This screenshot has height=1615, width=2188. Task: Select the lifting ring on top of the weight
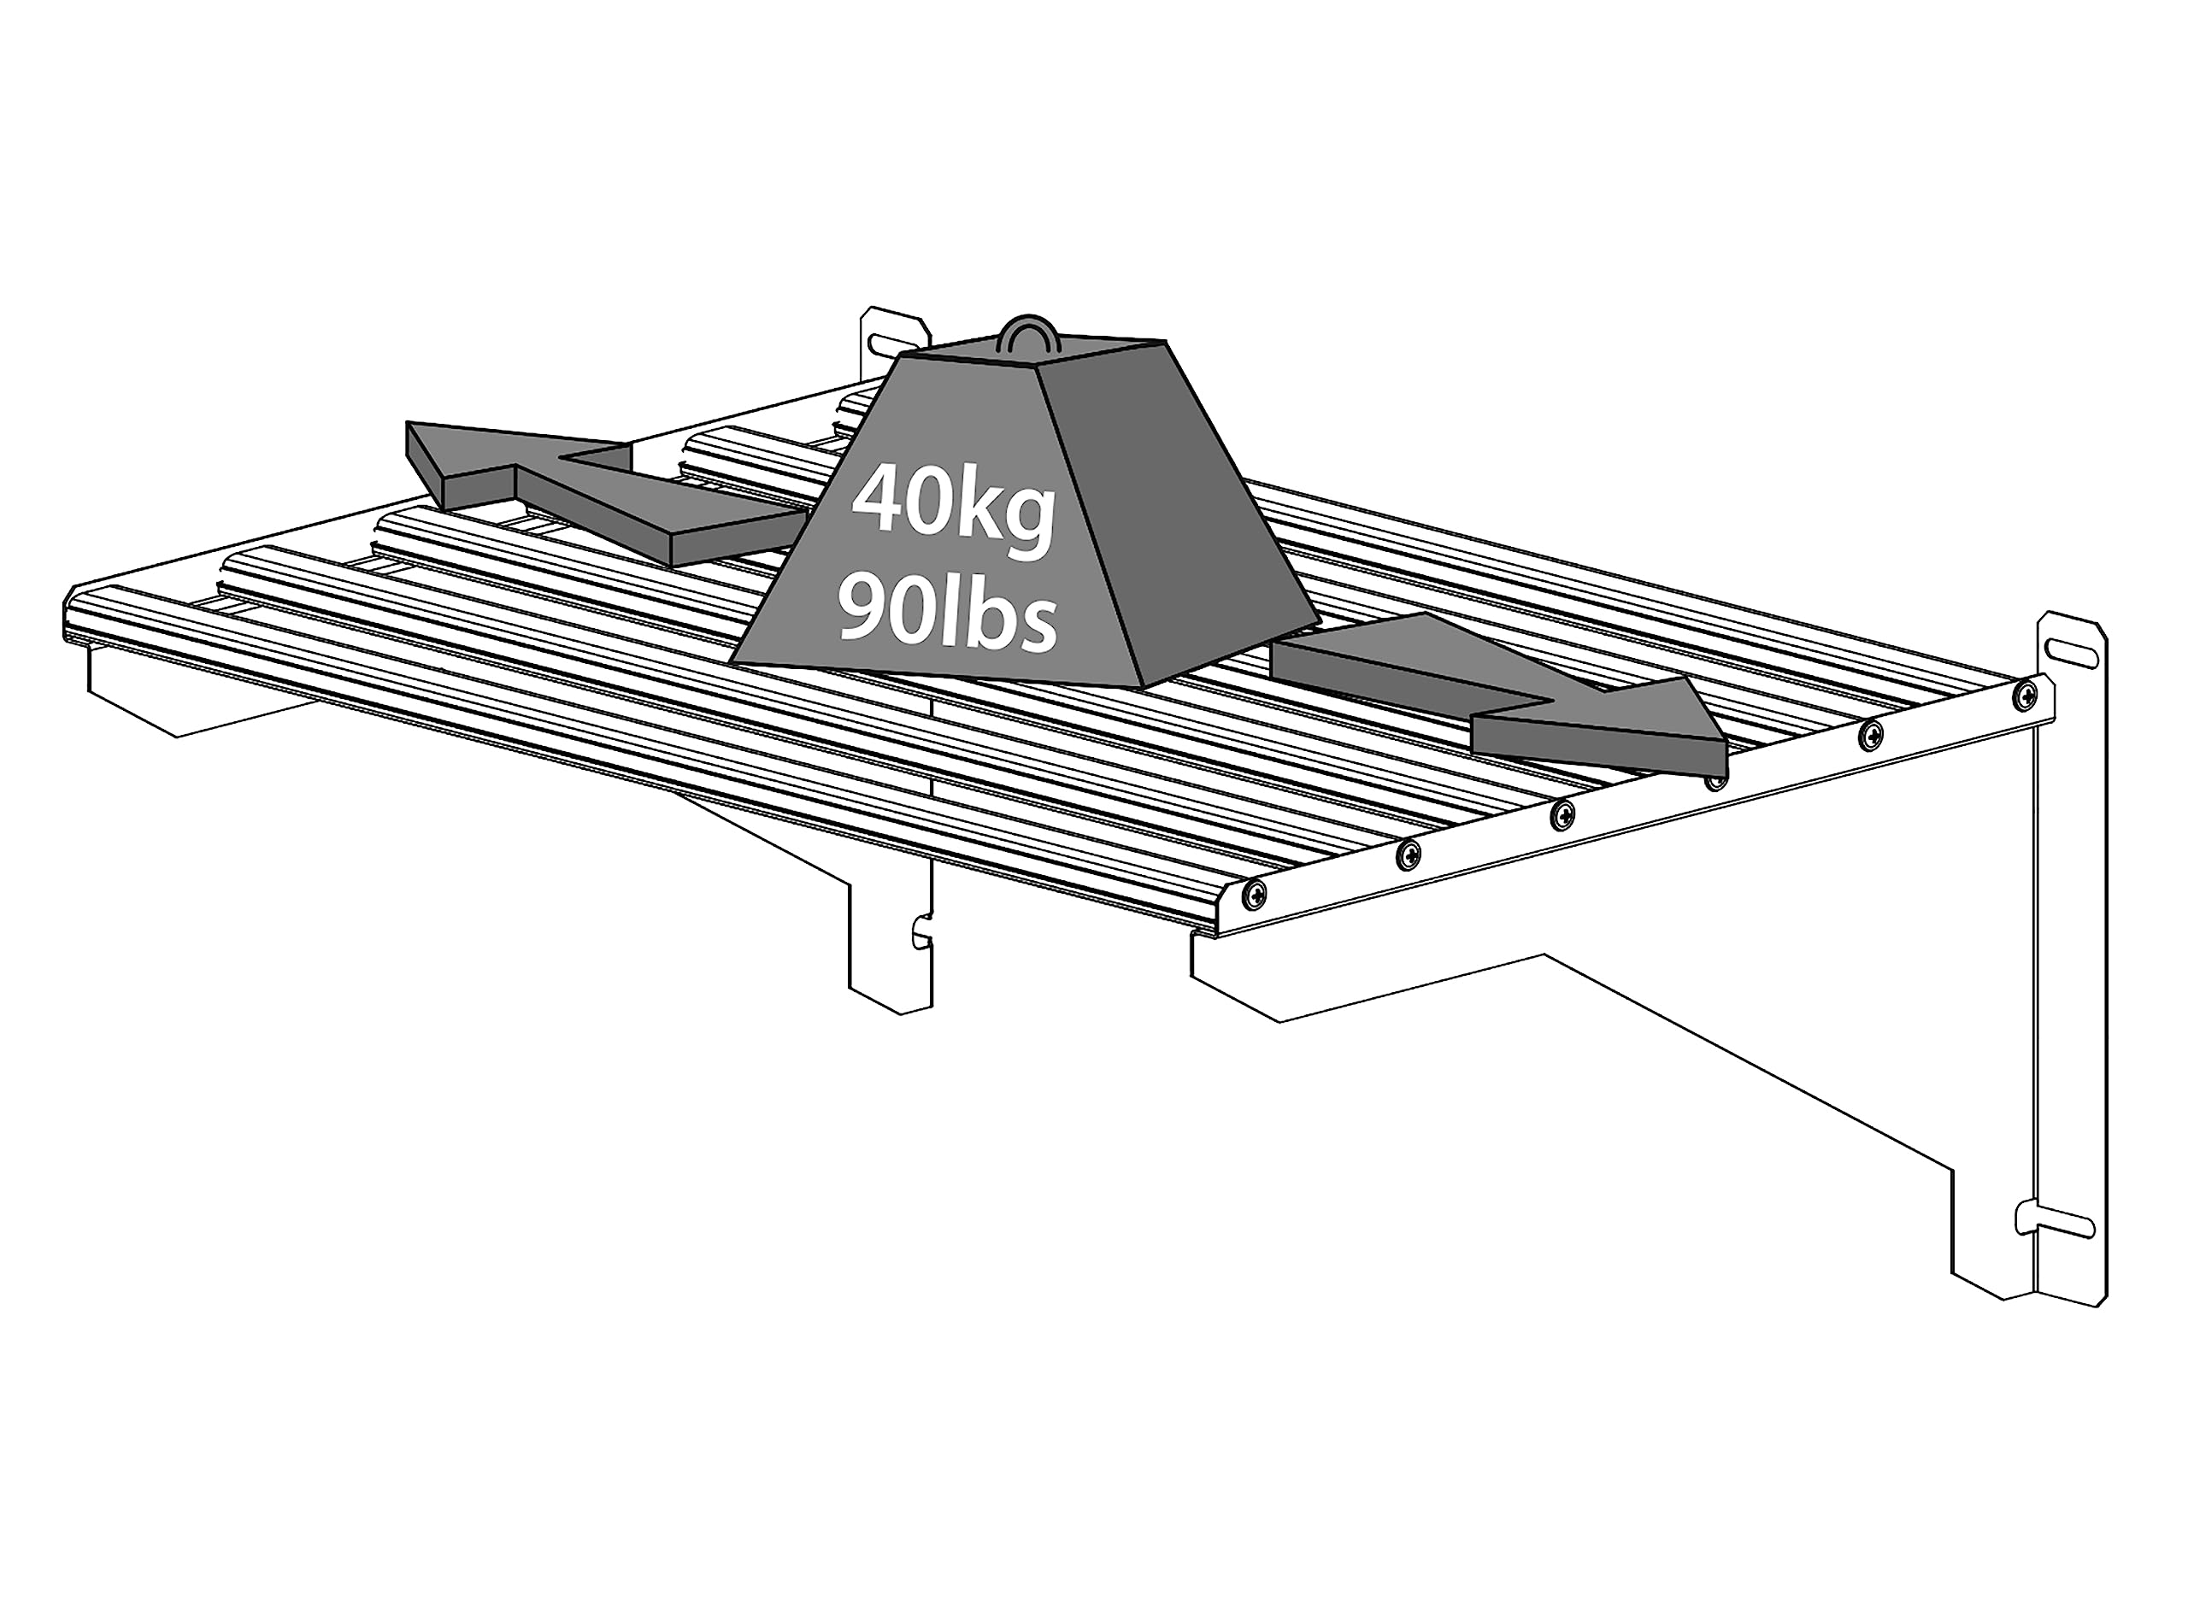click(1027, 333)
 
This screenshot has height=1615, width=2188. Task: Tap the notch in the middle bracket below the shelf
click(921, 931)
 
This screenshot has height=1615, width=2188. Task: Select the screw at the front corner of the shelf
click(1255, 891)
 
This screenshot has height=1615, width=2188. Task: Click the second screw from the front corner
click(1408, 853)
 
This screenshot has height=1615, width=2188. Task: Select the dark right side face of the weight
click(1173, 528)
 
